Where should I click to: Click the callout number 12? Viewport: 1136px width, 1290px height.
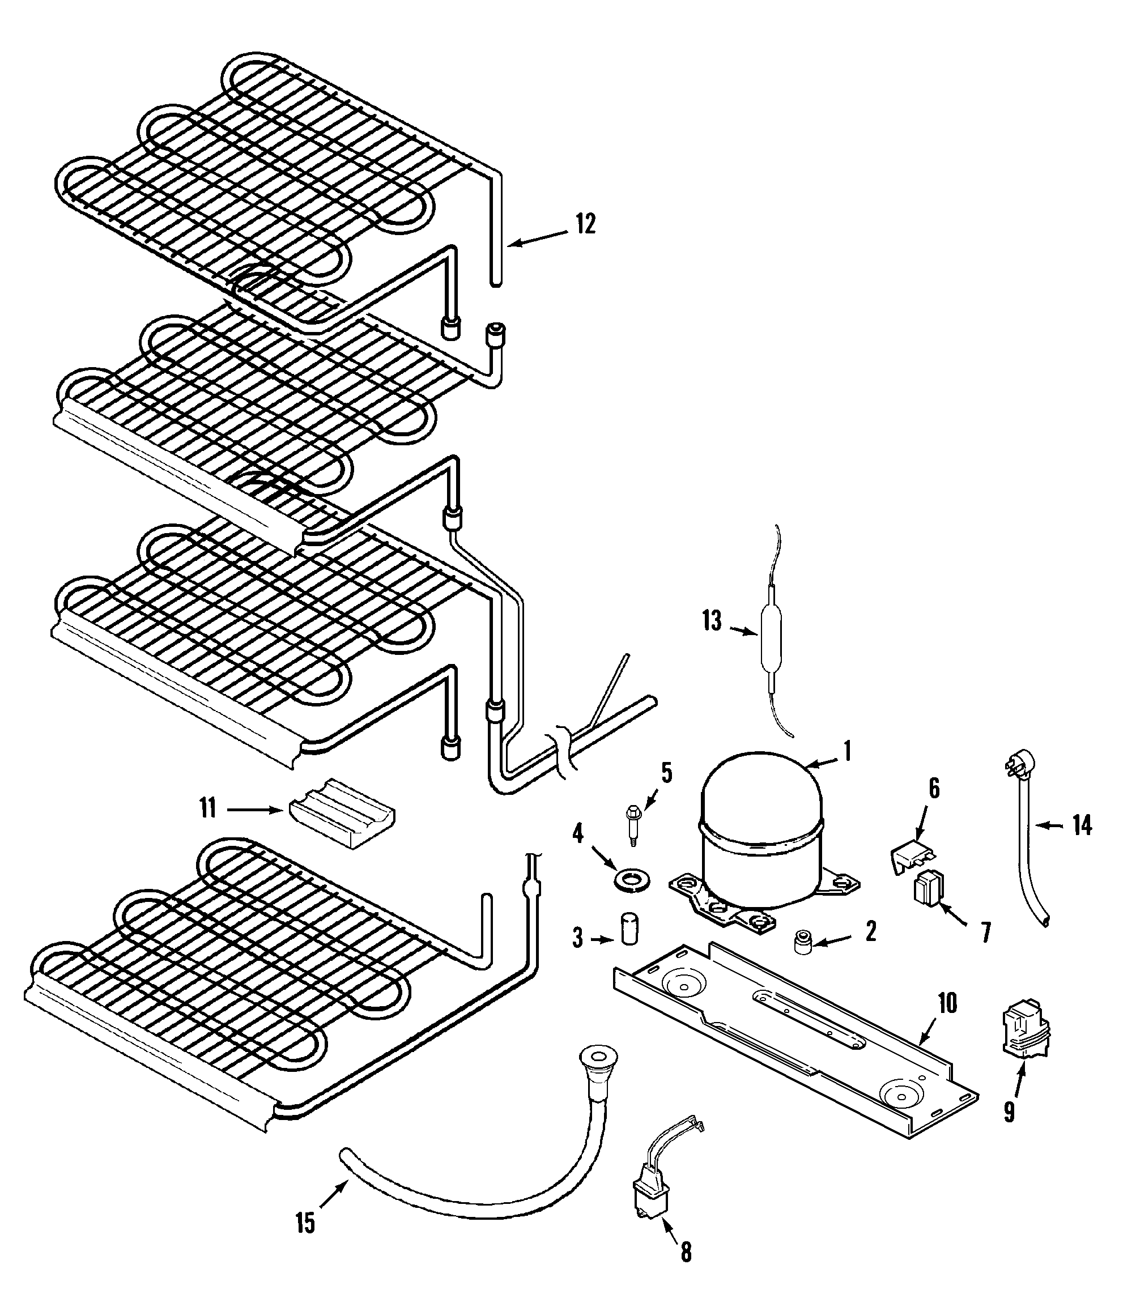click(x=585, y=223)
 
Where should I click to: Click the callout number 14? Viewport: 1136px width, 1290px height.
click(x=1082, y=825)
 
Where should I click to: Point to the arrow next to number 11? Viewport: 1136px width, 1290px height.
click(x=254, y=809)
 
